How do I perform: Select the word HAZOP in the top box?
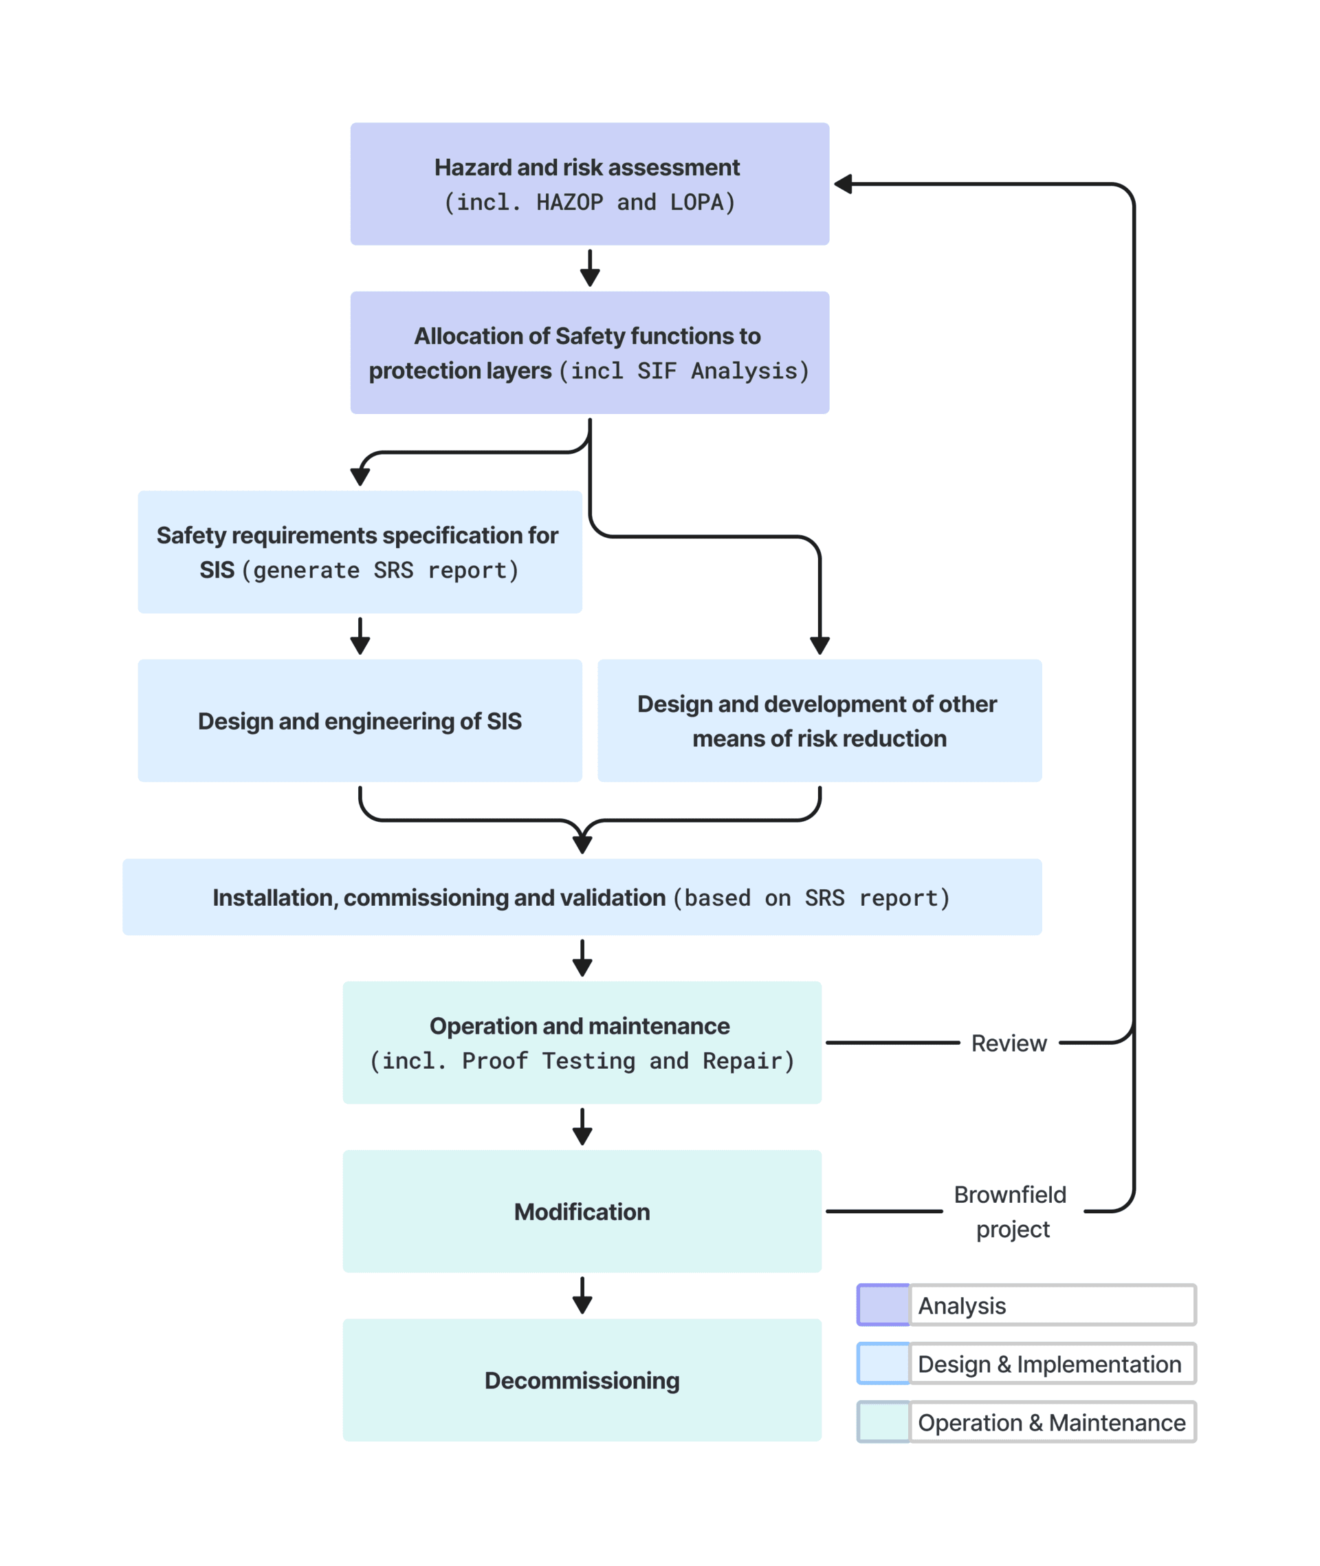[x=569, y=202]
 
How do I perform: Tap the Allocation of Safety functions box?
[x=589, y=352]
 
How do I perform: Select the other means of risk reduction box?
[x=819, y=720]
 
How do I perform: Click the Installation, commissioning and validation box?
[x=582, y=897]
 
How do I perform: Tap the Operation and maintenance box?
[x=582, y=1042]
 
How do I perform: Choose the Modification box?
[x=582, y=1211]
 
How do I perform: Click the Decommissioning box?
[x=582, y=1380]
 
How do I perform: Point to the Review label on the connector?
[x=1008, y=1043]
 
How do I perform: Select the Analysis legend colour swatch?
[x=883, y=1305]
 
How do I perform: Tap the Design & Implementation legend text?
[x=1049, y=1364]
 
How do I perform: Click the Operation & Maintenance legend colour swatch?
[x=883, y=1422]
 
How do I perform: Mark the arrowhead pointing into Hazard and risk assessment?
[x=844, y=184]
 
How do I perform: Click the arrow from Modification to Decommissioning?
[x=582, y=1296]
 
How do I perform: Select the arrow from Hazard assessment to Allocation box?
[x=590, y=268]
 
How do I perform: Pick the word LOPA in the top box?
[x=696, y=202]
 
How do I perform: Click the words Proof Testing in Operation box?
[x=549, y=1061]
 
